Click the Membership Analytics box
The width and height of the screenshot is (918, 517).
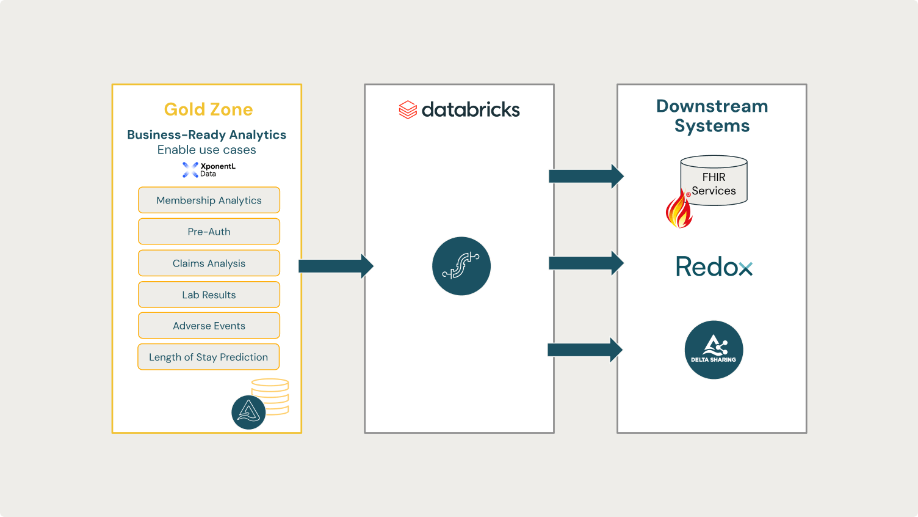pos(209,200)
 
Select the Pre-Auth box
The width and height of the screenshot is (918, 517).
pos(209,232)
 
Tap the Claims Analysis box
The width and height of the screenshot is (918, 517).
pos(209,263)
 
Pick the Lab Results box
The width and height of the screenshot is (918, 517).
pos(209,295)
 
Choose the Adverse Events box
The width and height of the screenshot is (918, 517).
pos(209,326)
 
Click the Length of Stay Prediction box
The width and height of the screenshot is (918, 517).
pos(208,357)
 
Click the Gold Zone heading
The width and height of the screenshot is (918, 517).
pos(208,109)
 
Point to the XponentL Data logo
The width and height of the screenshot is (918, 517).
pos(208,170)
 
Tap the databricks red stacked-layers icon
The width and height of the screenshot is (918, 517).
pos(408,110)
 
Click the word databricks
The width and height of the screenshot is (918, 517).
pos(471,110)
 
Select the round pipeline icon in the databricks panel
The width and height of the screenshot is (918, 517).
pos(461,266)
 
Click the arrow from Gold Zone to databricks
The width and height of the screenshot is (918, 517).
pos(335,266)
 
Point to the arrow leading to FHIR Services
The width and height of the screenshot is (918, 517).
pos(585,176)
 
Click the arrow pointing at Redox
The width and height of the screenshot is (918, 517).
pos(585,263)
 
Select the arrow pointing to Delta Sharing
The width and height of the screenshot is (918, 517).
pos(585,350)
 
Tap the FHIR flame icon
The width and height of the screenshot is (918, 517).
pos(679,210)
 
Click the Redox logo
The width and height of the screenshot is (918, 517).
pos(714,267)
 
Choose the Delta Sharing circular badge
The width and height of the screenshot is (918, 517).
pos(714,350)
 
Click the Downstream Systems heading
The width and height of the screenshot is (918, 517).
pos(712,116)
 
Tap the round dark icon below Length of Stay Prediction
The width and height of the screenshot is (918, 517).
pos(248,412)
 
